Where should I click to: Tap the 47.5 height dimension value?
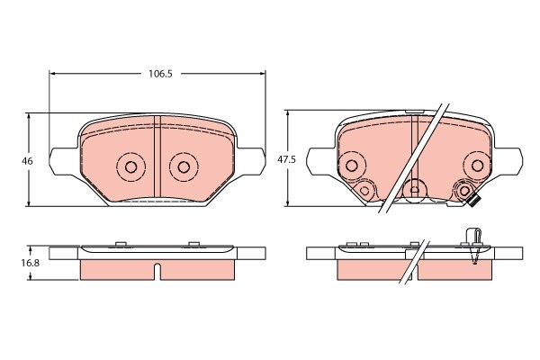[286, 158]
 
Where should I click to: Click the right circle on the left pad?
[184, 166]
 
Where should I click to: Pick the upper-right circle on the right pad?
[477, 164]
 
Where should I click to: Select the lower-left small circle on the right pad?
[364, 191]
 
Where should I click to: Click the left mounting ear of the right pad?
[316, 162]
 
